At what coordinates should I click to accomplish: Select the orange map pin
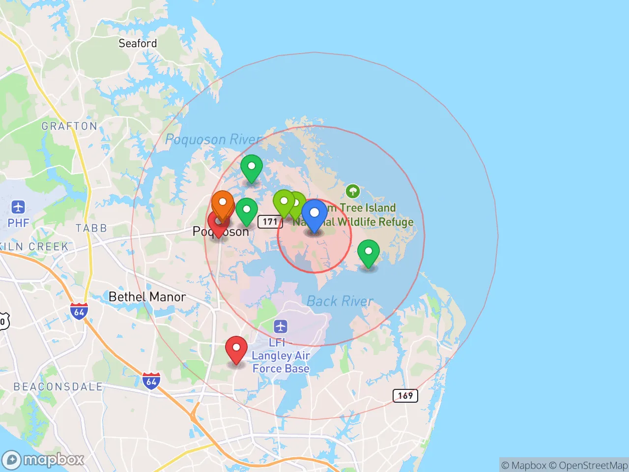click(x=222, y=204)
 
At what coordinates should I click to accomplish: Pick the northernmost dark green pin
click(x=251, y=168)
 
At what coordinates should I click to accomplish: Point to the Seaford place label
click(x=138, y=43)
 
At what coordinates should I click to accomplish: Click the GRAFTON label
click(x=69, y=126)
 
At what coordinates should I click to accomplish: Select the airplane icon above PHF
click(x=18, y=206)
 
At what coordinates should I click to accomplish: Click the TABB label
click(x=91, y=228)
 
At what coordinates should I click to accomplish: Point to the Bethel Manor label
click(x=147, y=297)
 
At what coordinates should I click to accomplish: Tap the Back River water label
click(x=340, y=301)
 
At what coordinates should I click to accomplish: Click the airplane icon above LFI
click(x=281, y=326)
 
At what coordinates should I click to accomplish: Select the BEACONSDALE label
click(x=58, y=387)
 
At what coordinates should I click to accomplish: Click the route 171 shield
click(x=270, y=222)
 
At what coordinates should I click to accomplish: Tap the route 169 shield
click(x=405, y=395)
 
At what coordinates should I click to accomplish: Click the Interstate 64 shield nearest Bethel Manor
click(x=79, y=312)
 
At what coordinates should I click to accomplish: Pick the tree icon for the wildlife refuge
click(x=352, y=191)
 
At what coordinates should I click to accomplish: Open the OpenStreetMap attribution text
click(x=593, y=465)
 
